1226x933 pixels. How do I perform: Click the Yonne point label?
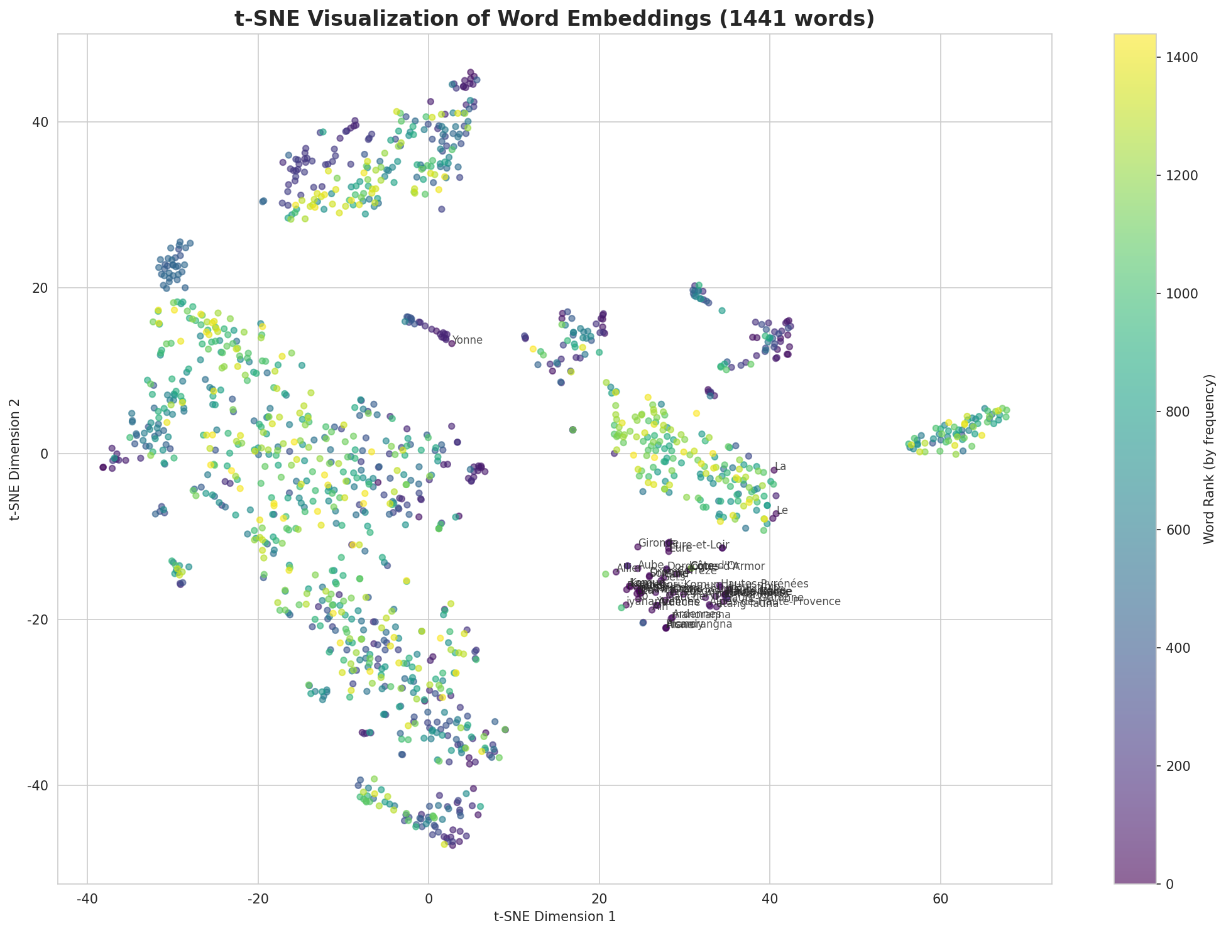468,341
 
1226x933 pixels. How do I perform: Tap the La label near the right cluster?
780,467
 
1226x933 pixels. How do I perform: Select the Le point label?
782,511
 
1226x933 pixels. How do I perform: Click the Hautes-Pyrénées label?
765,584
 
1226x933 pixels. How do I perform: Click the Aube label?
650,565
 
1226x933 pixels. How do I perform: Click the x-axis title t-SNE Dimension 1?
554,917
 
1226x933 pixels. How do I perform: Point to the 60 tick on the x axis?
940,898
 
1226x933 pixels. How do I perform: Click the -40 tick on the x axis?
87,898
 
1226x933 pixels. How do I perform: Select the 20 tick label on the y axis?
41,288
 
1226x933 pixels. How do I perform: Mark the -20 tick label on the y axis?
39,619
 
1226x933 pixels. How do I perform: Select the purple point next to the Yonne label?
451,343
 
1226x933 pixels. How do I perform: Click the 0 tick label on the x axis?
428,898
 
